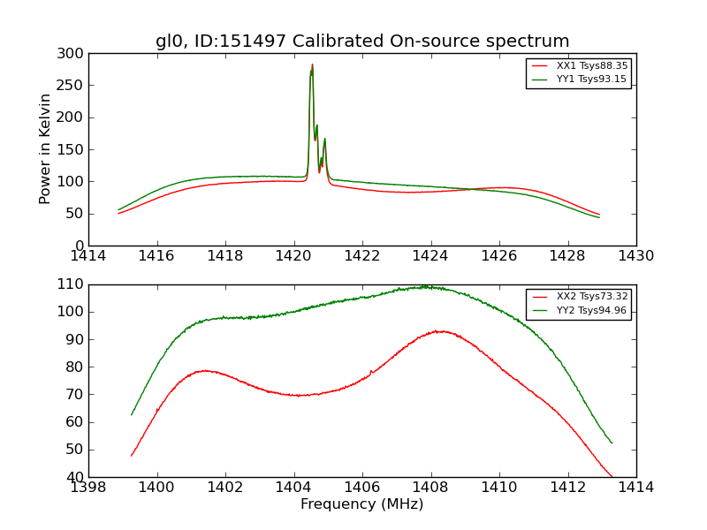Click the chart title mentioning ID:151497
[x=362, y=42]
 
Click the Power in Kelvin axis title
[x=45, y=149]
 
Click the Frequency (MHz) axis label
[x=362, y=504]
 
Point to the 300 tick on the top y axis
[x=74, y=54]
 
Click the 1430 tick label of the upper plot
[x=636, y=256]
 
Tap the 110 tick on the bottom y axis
[x=74, y=284]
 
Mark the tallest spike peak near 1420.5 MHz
[x=312, y=64]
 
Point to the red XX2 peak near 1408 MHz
[x=438, y=331]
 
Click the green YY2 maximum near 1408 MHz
[x=426, y=286]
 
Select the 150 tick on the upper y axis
[x=74, y=149]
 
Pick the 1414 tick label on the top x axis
[x=88, y=256]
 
